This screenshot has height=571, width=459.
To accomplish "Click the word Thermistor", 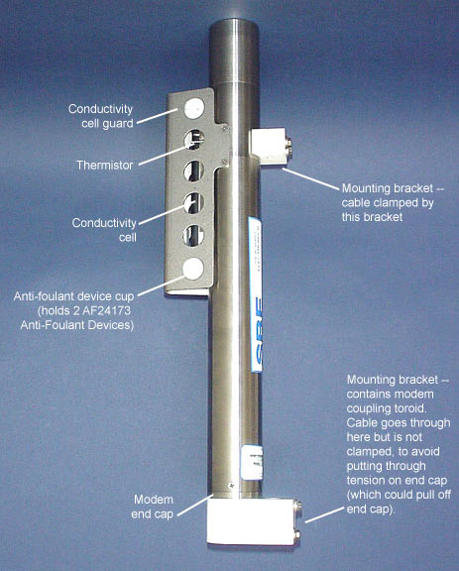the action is [105, 166].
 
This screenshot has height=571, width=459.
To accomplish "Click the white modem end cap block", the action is [251, 521].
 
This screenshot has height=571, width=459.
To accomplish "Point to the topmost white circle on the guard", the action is [194, 108].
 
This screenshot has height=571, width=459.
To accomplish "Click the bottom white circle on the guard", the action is [193, 269].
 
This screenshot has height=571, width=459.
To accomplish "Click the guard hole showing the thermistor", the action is [193, 140].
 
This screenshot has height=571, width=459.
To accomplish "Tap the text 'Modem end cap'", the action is [153, 507].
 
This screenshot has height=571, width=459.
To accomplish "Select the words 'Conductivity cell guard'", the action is [101, 116].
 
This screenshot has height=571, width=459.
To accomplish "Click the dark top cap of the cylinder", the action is [234, 51].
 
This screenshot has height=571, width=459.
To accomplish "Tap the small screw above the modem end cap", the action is [231, 486].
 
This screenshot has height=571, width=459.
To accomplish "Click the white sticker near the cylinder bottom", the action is [253, 463].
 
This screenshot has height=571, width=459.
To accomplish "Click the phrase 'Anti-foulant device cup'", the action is [74, 296].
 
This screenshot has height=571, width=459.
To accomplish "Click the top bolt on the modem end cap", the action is [298, 506].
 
